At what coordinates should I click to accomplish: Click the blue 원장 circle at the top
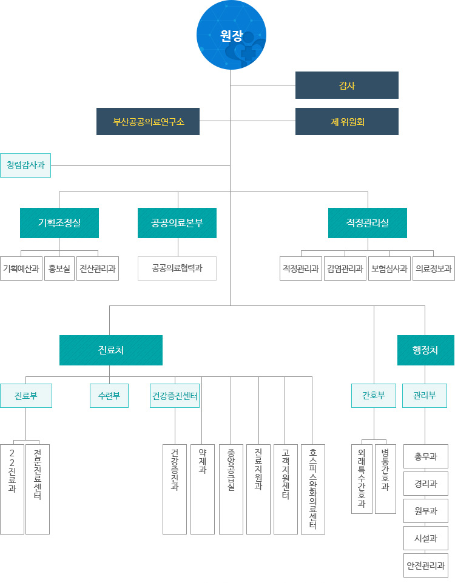coord(231,35)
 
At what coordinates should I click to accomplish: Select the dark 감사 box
coord(346,85)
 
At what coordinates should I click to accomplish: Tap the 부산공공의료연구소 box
coord(148,121)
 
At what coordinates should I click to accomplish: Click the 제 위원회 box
coord(346,121)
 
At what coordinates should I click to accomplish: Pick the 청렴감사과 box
coord(25,165)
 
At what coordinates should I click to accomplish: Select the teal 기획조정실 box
coord(59,222)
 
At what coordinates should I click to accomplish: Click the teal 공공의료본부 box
coord(177,222)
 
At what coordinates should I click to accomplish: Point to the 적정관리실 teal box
coord(368,222)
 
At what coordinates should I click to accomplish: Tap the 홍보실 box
coord(59,268)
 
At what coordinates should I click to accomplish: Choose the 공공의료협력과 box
coord(177,268)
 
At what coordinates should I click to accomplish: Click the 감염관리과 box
coord(345,268)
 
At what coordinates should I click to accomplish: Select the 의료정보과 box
coord(433,268)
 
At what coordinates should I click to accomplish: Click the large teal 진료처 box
coord(111,350)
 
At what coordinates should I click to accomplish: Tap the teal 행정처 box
coord(425,350)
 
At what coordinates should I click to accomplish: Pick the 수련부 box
coord(109,396)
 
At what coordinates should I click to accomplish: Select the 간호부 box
coord(374,396)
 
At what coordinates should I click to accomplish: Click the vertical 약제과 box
coord(203,489)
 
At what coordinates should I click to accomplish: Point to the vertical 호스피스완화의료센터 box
coord(313,489)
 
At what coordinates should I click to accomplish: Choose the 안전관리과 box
coord(425,565)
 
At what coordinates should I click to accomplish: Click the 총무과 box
coord(425,456)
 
